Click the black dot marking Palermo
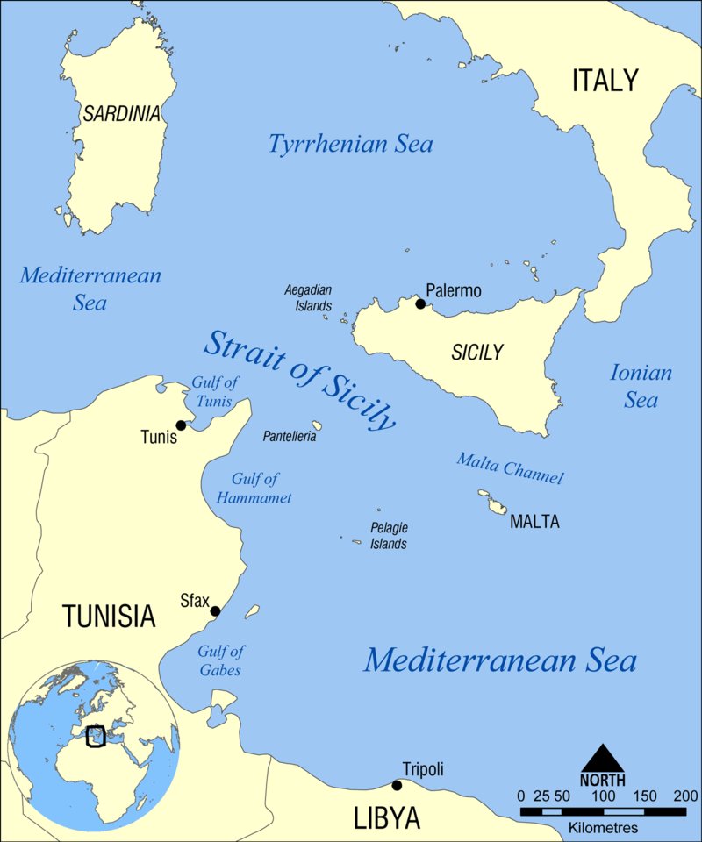[x=420, y=304]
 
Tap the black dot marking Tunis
[x=181, y=425]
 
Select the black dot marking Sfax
[x=215, y=611]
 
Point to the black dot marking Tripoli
[x=397, y=785]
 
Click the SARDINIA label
[x=122, y=113]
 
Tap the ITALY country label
[x=605, y=81]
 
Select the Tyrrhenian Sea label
[x=351, y=144]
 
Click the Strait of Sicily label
[x=299, y=380]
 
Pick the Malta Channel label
[x=509, y=468]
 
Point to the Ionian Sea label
[x=641, y=386]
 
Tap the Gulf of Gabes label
[x=219, y=660]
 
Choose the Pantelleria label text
[x=290, y=436]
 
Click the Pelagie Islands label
[x=388, y=535]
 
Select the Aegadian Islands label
[x=308, y=297]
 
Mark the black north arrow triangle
[x=603, y=758]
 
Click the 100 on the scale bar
[x=603, y=796]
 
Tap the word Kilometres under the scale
[x=603, y=827]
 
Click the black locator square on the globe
[x=97, y=736]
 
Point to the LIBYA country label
[x=387, y=818]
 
